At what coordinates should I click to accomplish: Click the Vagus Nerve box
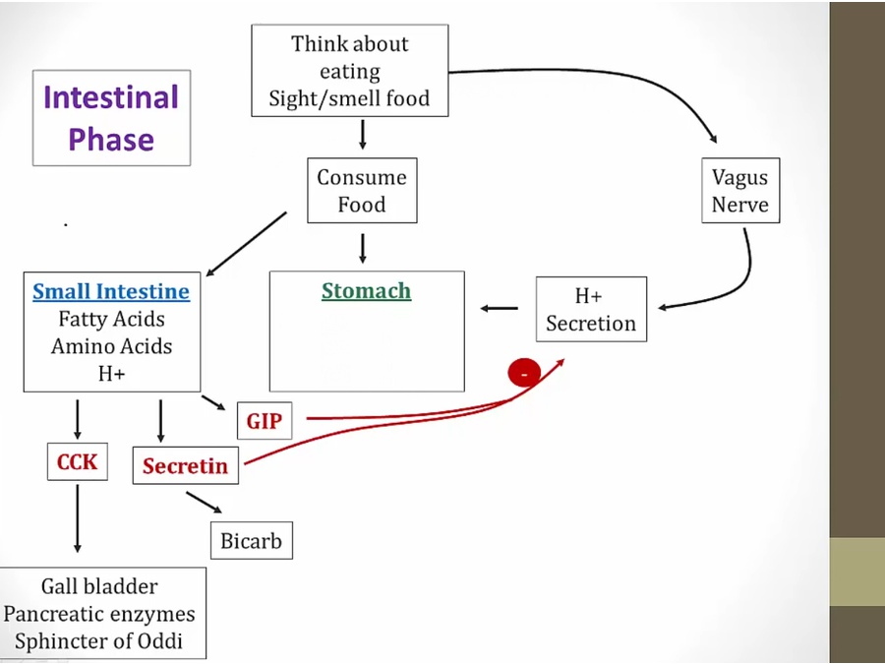739,191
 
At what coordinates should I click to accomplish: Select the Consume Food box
362,191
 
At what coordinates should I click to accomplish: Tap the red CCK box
77,460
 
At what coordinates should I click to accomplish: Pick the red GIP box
264,422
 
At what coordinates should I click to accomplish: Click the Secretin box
185,465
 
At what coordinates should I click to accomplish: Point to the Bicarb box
251,540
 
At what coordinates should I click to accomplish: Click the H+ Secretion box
591,309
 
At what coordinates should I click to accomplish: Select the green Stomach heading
366,291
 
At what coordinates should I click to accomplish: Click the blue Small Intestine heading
111,291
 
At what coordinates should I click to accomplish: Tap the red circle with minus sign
524,373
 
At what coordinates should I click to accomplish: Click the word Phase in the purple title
111,139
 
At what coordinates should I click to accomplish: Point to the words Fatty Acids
111,319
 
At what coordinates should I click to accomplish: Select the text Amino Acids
111,346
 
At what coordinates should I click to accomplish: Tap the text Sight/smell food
349,99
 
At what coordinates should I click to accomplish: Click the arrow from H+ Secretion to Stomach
500,309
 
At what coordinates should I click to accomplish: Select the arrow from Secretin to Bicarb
204,503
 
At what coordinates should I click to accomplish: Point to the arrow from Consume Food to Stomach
362,247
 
